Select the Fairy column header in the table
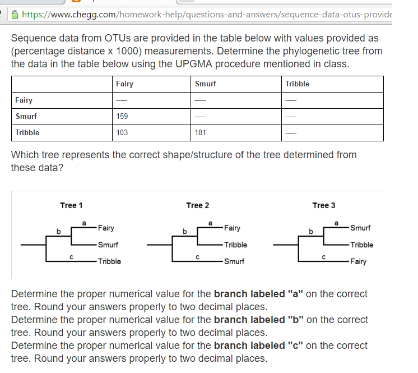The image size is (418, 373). click(x=124, y=84)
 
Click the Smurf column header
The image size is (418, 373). click(x=205, y=84)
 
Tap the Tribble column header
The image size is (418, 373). click(x=297, y=84)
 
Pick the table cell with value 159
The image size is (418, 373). click(x=122, y=116)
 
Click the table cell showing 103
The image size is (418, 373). click(x=122, y=132)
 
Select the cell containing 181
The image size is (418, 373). click(x=201, y=132)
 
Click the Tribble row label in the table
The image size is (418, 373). click(x=27, y=132)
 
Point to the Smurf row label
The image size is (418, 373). click(x=26, y=116)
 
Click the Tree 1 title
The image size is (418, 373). click(x=71, y=205)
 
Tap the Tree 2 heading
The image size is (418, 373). click(x=197, y=205)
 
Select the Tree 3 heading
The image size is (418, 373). click(x=324, y=205)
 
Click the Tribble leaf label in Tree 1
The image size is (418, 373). click(x=109, y=261)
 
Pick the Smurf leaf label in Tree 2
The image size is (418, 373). click(x=234, y=261)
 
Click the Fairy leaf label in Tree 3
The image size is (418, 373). click(x=359, y=261)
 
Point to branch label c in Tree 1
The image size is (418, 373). click(x=71, y=257)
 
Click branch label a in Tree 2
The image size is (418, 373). click(x=211, y=223)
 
